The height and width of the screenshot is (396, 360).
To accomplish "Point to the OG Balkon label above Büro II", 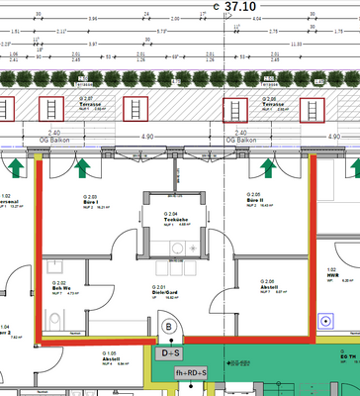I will click(244, 141).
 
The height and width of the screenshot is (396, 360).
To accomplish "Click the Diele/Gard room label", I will click(163, 292).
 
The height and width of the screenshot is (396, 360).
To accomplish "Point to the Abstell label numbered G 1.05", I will click(111, 357).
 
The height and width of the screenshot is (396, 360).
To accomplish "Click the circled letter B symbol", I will click(168, 325).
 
